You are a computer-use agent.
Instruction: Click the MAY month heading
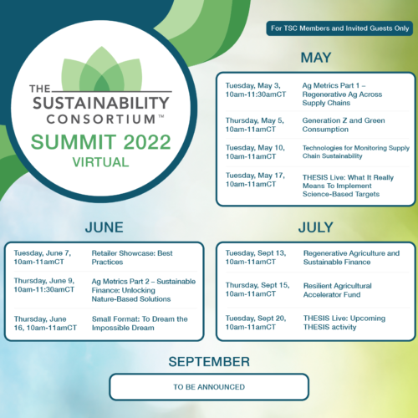coord(316,58)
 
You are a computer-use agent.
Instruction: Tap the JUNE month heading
coord(104,227)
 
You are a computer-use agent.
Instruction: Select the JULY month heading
coord(316,227)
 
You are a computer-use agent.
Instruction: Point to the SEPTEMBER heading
coord(209,362)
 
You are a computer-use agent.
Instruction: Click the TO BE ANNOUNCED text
coord(209,387)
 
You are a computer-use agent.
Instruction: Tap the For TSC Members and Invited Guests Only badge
coord(339,28)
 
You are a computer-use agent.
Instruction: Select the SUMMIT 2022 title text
coord(100,142)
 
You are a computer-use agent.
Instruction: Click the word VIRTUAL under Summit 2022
coord(100,162)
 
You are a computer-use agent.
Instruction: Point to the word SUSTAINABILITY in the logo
coord(101,103)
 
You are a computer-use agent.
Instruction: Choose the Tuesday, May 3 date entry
coord(256,89)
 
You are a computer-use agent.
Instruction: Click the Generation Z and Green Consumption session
coord(344,125)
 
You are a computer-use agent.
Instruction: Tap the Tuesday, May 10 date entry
coord(255,152)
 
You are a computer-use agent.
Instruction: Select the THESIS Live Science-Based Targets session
coord(348,186)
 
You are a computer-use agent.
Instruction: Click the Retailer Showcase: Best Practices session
coord(132,257)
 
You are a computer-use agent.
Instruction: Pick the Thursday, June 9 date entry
coord(44,285)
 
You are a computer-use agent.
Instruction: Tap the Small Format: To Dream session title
coord(140,324)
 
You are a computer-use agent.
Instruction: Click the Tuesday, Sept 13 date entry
coord(256,257)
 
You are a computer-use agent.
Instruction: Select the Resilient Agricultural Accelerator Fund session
coord(338,290)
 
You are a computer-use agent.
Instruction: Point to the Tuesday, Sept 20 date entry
coord(256,323)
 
